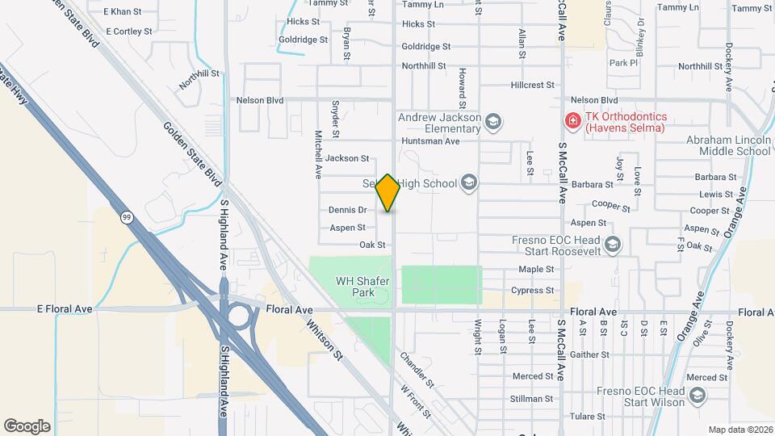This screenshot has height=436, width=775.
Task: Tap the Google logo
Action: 27,426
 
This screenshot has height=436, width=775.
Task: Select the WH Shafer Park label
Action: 363,286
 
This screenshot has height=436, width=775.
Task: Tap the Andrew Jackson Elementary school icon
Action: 492,123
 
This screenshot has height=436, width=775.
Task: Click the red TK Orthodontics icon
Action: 572,121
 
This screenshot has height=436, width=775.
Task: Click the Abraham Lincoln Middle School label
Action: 728,145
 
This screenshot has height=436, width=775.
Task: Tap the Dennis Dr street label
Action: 348,210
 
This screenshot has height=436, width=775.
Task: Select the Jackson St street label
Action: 348,158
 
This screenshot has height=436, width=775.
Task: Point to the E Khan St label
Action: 123,12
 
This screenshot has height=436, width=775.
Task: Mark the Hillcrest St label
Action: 533,85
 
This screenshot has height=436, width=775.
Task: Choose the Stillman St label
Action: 533,398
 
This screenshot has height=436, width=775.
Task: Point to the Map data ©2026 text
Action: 739,430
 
